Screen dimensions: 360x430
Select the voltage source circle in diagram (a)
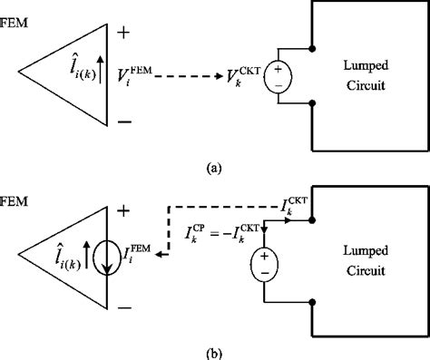point(277,79)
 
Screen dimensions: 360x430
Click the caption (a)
point(214,166)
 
